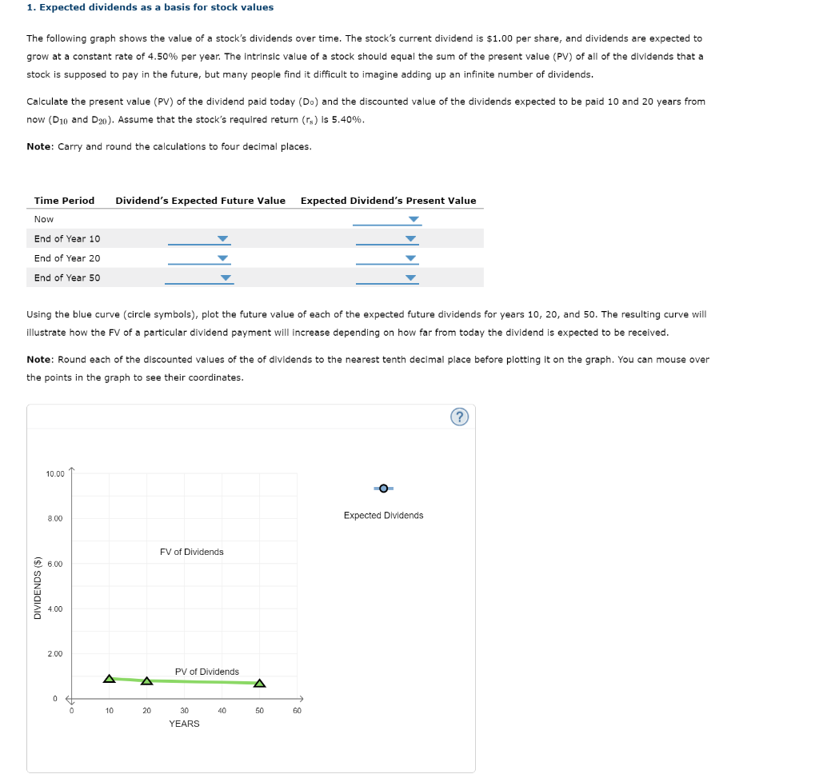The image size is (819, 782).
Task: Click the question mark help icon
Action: [460, 417]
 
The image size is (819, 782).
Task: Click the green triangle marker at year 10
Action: [110, 679]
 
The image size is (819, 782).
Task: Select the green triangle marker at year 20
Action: [146, 681]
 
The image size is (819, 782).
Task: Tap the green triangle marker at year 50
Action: [259, 683]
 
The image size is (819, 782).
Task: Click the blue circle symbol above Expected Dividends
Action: [384, 488]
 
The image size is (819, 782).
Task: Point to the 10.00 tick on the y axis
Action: [55, 474]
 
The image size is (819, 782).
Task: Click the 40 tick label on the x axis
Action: [222, 710]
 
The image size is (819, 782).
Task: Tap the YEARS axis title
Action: [184, 724]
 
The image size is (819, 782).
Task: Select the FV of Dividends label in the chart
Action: [192, 552]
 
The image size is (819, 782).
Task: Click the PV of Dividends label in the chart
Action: [206, 672]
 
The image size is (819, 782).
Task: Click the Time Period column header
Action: [64, 201]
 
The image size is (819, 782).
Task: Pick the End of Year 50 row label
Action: [67, 278]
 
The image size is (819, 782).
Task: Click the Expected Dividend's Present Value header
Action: [388, 201]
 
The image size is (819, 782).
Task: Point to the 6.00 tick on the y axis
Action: [55, 565]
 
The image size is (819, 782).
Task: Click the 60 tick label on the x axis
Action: [297, 710]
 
